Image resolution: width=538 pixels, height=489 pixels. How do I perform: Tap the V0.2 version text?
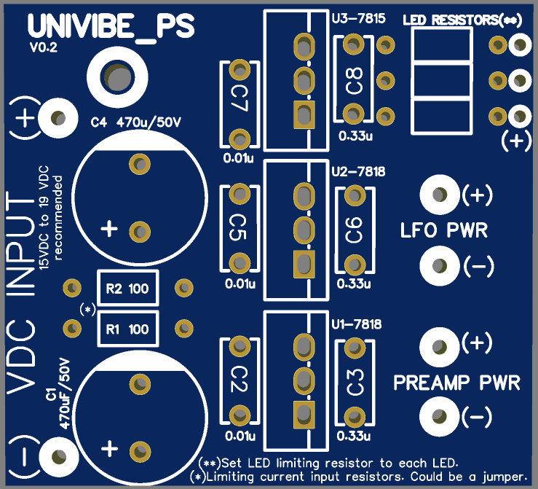coord(44,47)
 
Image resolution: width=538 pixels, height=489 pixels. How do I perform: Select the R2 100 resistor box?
coord(127,288)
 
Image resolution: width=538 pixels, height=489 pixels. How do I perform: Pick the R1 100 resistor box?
coord(127,329)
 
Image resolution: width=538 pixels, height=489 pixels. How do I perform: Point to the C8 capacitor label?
coord(355,81)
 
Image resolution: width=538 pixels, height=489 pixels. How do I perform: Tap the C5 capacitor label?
coord(238,227)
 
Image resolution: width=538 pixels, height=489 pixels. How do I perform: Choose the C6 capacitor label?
coord(355,230)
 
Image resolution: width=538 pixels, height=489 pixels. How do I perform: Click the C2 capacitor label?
coord(239,379)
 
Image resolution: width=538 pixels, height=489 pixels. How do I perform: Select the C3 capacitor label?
coord(355,382)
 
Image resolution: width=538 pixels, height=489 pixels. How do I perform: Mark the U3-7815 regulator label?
coord(359,18)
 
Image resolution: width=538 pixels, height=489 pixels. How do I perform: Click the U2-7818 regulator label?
coord(359,171)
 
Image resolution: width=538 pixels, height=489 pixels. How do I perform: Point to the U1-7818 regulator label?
coord(357,324)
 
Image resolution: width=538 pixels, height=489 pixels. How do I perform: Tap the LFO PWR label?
coord(444,230)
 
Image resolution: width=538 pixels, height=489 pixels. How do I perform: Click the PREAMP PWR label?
coord(456,383)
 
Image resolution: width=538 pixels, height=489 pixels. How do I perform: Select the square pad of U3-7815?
coord(304,115)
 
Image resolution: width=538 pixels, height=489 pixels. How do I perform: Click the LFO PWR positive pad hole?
coord(440,195)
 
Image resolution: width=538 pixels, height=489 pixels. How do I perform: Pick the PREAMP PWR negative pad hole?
coord(439,417)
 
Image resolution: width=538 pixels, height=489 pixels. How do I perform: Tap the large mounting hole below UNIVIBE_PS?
coord(117,77)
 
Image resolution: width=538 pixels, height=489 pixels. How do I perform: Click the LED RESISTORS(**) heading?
coord(462,20)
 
